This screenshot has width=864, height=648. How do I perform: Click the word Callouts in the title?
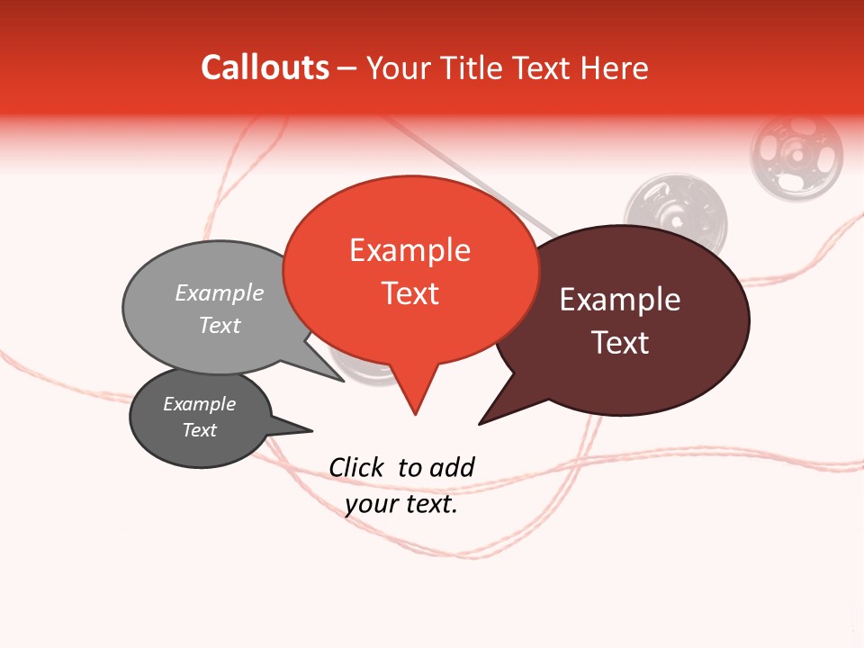pyautogui.click(x=265, y=67)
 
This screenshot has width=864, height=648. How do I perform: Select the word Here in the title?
pyautogui.click(x=615, y=68)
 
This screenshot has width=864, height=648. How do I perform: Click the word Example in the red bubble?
pyautogui.click(x=409, y=250)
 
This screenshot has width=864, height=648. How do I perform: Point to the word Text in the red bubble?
pyautogui.click(x=410, y=293)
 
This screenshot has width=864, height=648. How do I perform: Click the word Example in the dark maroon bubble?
pyautogui.click(x=620, y=300)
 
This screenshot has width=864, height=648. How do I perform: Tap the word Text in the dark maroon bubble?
pyautogui.click(x=620, y=343)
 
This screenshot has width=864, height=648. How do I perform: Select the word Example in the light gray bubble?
pyautogui.click(x=220, y=293)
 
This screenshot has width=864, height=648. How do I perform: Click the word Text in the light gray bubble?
pyautogui.click(x=220, y=326)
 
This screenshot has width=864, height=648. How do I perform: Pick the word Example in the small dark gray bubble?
pyautogui.click(x=199, y=404)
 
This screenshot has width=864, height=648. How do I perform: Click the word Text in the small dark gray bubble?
pyautogui.click(x=199, y=430)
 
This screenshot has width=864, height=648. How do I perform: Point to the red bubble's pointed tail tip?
pyautogui.click(x=415, y=414)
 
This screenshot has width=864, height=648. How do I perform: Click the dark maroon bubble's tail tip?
pyautogui.click(x=480, y=423)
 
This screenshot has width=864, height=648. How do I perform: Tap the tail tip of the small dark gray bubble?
pyautogui.click(x=311, y=429)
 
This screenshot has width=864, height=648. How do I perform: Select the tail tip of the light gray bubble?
pyautogui.click(x=343, y=381)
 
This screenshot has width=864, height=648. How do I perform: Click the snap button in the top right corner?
pyautogui.click(x=796, y=154)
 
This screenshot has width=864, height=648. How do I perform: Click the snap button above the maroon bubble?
pyautogui.click(x=676, y=211)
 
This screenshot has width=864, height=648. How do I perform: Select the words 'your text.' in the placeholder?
pyautogui.click(x=401, y=505)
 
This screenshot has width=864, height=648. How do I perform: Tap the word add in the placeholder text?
pyautogui.click(x=452, y=467)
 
